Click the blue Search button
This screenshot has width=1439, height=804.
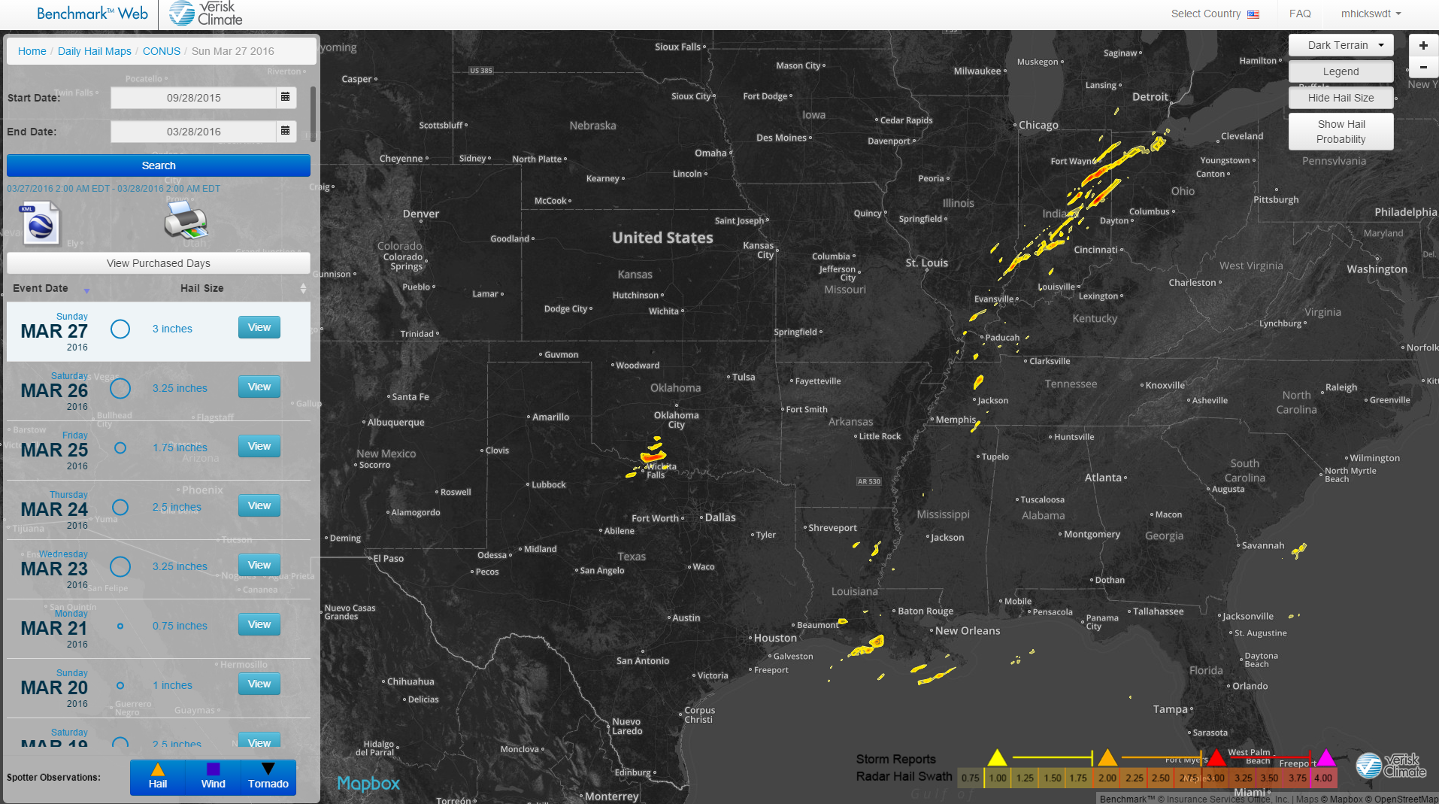pos(159,165)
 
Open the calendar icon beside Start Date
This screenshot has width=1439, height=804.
pos(285,97)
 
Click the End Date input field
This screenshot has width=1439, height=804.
pos(193,132)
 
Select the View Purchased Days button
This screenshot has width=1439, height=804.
pos(159,263)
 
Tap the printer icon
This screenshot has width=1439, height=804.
pos(185,220)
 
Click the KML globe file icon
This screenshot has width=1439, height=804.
pos(41,223)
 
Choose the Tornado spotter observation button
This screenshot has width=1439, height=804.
pos(268,777)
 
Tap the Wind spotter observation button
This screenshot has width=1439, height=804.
pos(214,777)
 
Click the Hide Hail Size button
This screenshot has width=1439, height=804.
pos(1341,98)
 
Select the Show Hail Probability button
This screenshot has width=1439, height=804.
pos(1341,132)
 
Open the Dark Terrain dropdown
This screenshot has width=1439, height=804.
pos(1341,45)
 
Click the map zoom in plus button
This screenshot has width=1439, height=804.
pos(1423,45)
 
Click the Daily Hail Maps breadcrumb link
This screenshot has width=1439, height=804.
pos(95,51)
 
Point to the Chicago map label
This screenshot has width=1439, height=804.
pos(1038,125)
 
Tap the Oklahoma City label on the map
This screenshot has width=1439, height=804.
pos(676,420)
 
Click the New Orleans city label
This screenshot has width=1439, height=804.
pos(968,631)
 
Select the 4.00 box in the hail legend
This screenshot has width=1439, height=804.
pos(1323,778)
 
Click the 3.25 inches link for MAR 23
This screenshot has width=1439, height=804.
pos(180,566)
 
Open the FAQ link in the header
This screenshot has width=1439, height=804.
pos(1300,14)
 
